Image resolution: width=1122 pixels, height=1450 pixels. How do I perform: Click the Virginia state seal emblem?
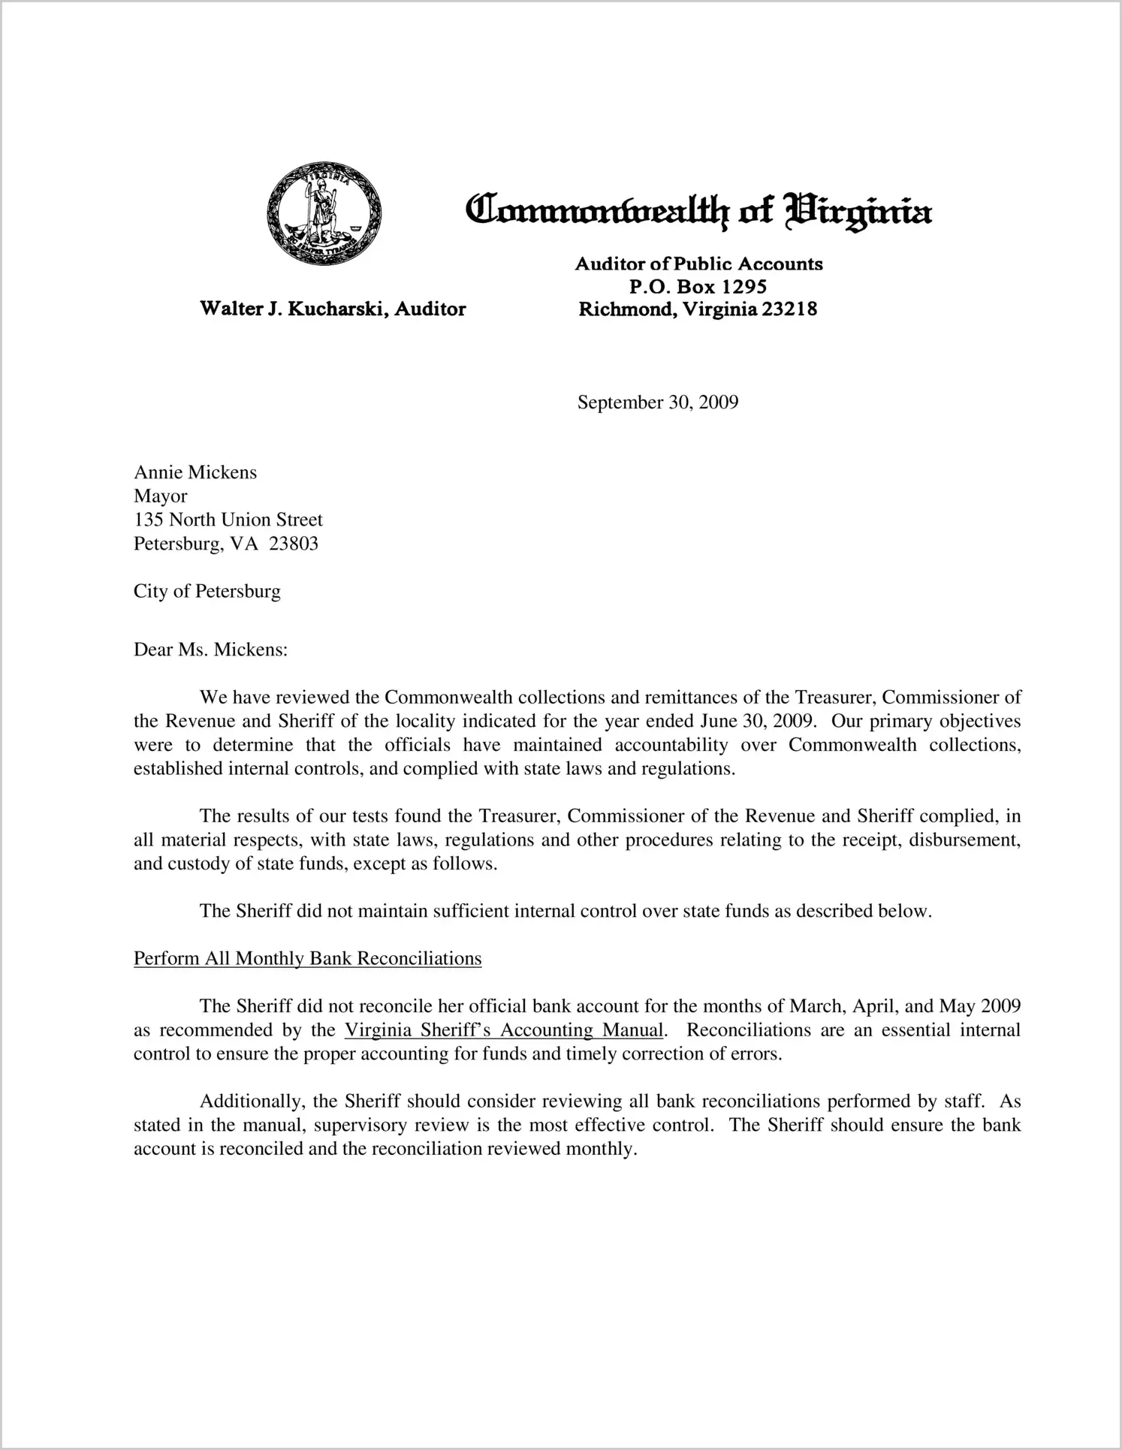point(324,213)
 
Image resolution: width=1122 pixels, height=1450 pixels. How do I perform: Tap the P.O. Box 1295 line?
point(698,286)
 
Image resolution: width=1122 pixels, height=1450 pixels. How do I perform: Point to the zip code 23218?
point(789,309)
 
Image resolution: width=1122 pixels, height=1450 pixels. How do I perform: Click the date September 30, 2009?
point(658,402)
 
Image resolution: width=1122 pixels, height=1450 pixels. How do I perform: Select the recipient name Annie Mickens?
point(195,472)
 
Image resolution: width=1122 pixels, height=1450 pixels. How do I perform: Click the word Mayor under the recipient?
point(160,496)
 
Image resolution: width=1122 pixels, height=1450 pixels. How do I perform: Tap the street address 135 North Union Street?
point(228,520)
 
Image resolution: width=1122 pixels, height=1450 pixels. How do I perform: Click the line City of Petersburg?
point(207,591)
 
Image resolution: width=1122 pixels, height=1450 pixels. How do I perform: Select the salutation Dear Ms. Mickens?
point(211,650)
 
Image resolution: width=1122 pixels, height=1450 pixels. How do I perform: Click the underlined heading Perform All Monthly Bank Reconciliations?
point(307,959)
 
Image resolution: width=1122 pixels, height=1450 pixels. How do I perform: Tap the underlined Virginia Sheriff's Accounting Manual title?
point(504,1029)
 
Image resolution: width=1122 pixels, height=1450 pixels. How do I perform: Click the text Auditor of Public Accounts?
point(698,264)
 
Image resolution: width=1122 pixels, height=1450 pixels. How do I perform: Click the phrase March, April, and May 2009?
point(904,1006)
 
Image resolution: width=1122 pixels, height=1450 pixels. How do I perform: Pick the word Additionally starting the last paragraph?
point(251,1102)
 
